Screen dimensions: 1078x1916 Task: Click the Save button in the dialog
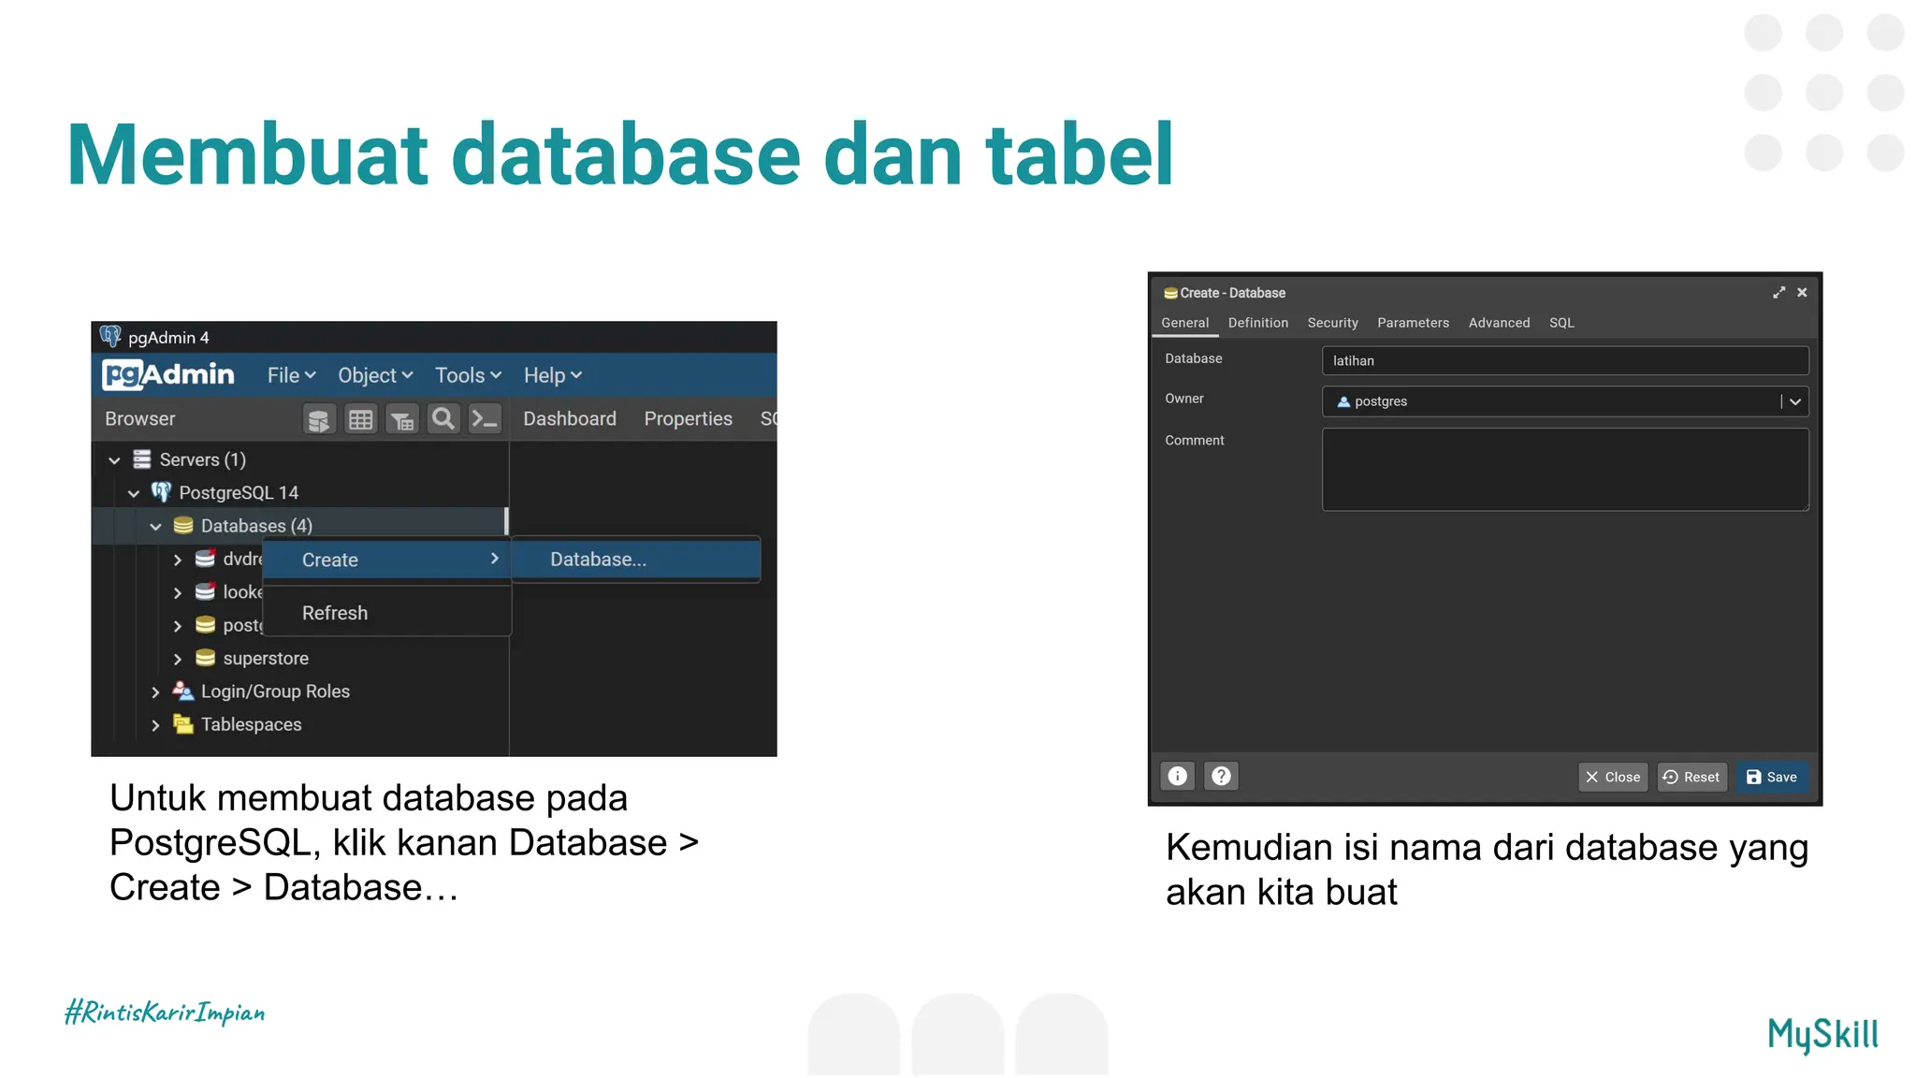tap(1772, 777)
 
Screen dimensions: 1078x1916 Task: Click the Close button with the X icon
tap(1613, 777)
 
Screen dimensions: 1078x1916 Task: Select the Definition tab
tap(1257, 323)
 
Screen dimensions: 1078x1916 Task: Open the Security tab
tap(1332, 323)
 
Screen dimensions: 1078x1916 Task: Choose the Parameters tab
tap(1413, 323)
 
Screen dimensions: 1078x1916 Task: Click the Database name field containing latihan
tap(1564, 360)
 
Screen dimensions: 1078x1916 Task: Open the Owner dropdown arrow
tap(1794, 401)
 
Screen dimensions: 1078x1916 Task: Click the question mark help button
tap(1221, 776)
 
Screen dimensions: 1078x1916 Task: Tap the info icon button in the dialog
tap(1178, 776)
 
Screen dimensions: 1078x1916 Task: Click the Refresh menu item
tap(335, 613)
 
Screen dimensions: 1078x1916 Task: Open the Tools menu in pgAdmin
tap(468, 375)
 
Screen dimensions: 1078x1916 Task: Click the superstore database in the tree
tap(266, 659)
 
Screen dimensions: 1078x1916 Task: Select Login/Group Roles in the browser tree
tap(275, 692)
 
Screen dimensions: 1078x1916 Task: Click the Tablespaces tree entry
tap(251, 724)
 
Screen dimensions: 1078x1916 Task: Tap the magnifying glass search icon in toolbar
tap(443, 419)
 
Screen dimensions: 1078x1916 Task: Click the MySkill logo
tap(1822, 1035)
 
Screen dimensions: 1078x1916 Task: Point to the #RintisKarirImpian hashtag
tap(165, 1012)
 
